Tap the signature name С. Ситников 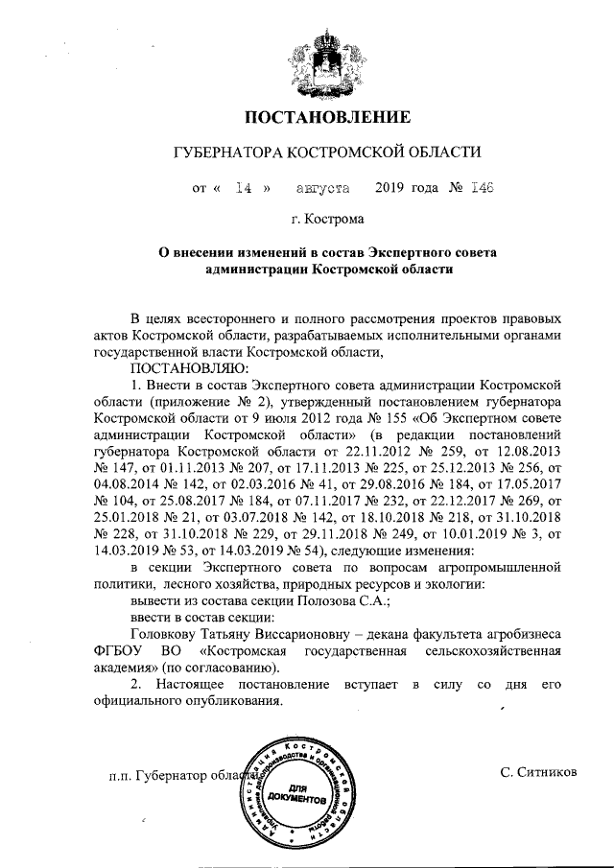point(538,773)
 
